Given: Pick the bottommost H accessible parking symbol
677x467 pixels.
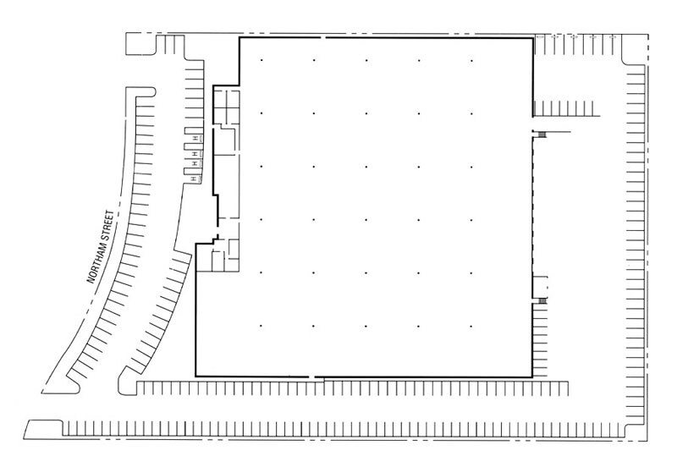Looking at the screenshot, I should tap(194, 179).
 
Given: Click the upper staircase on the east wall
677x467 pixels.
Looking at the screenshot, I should tap(541, 134).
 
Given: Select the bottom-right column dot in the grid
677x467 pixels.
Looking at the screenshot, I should tap(471, 326).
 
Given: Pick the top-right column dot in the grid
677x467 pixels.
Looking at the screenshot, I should tap(471, 60).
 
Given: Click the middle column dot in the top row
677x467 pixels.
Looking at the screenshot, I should tap(366, 60).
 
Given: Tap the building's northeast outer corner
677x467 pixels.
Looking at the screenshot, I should tap(532, 39).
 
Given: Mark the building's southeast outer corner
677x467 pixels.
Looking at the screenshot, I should tap(532, 376).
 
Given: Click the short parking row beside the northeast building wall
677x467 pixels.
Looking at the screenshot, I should tap(567, 108).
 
